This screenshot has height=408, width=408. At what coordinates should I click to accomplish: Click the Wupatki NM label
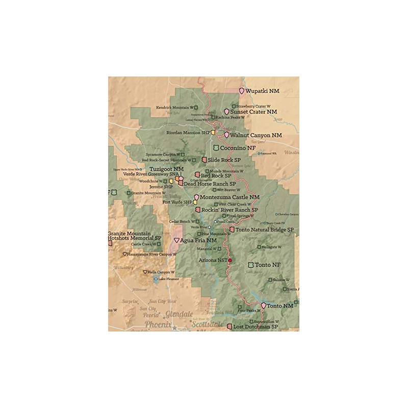pos(262,91)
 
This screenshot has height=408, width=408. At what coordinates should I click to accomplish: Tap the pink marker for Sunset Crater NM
pos(226,112)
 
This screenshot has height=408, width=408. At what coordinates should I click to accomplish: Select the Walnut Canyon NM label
pos(256,135)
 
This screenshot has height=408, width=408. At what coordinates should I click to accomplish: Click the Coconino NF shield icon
pos(216,148)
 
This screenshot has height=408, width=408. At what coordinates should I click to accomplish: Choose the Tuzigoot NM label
pos(166,169)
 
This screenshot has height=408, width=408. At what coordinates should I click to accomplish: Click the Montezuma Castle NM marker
pos(196,197)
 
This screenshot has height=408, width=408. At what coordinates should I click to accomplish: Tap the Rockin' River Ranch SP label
pos(229,210)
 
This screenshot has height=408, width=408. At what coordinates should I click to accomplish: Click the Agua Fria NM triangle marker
pos(176,240)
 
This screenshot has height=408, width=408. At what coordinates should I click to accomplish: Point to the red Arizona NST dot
pos(230,260)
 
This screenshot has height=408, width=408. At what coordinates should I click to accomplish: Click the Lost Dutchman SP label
pos(256,326)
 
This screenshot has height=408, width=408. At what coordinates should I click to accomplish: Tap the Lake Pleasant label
pos(168,279)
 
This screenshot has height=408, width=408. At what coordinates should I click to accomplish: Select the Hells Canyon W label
pos(161,272)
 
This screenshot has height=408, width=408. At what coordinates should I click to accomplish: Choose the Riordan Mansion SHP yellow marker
pos(213,133)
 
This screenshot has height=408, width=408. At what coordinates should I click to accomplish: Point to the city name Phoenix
pos(158,324)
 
